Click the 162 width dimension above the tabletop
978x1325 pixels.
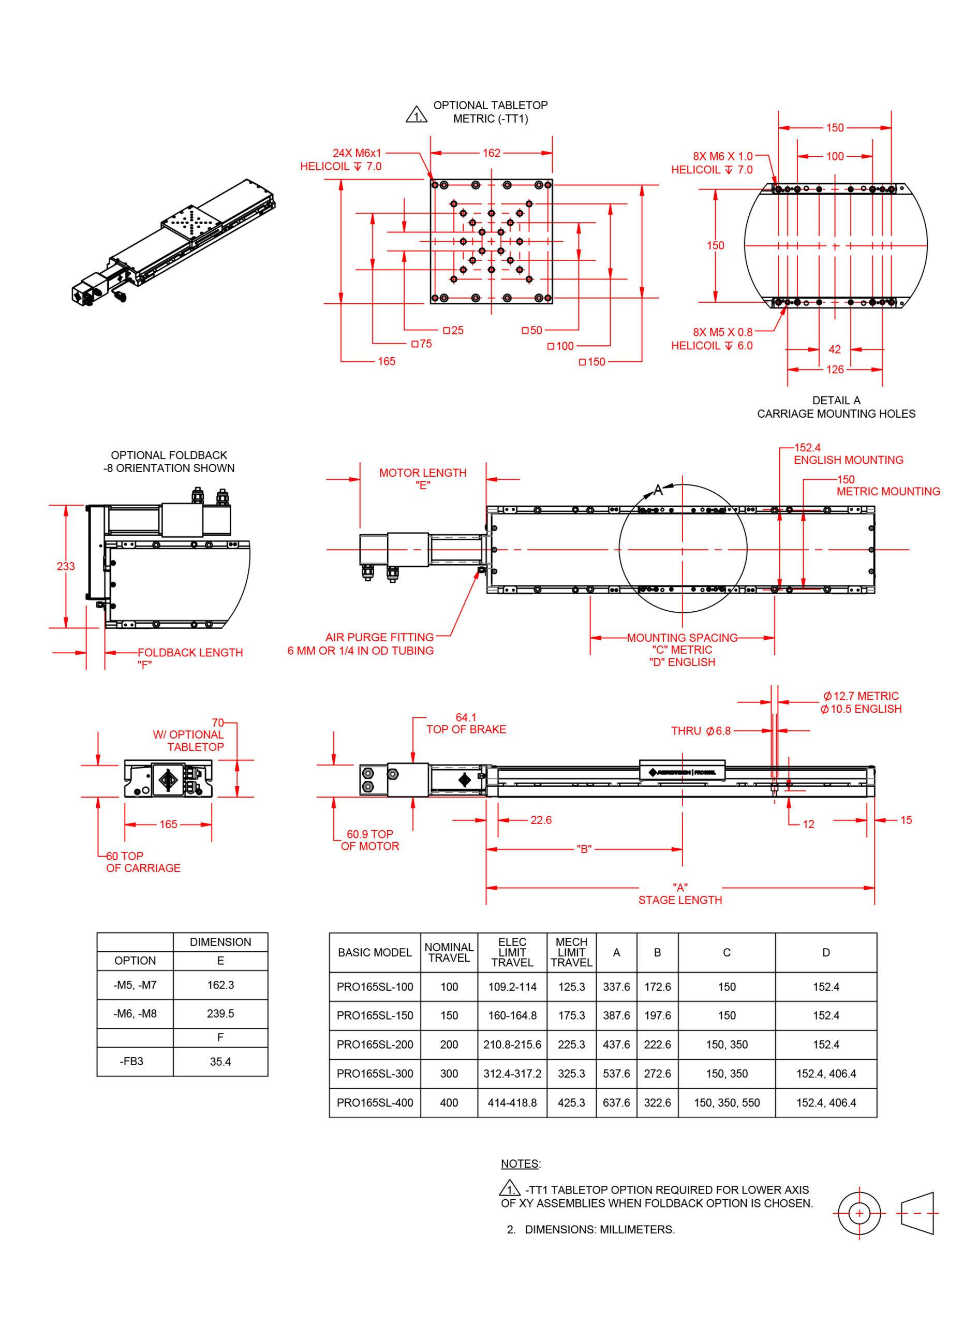click(x=492, y=153)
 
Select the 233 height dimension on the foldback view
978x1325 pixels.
click(x=66, y=566)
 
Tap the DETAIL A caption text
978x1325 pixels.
click(x=836, y=400)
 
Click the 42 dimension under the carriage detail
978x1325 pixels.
click(x=834, y=349)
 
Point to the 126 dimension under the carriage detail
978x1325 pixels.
click(x=835, y=370)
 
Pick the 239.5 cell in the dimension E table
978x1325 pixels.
click(x=220, y=1013)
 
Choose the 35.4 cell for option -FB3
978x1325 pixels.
click(x=220, y=1062)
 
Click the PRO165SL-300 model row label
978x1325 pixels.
click(x=375, y=1073)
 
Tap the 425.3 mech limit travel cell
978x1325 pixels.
click(x=571, y=1102)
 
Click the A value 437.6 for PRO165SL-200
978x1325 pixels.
click(x=616, y=1044)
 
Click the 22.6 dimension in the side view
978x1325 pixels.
click(x=541, y=820)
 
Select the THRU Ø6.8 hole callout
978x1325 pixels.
click(x=701, y=731)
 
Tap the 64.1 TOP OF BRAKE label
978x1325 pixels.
click(x=466, y=724)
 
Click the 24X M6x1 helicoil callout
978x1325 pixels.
click(x=341, y=160)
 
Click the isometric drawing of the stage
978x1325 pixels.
click(x=173, y=242)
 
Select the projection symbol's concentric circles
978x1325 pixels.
click(x=859, y=1213)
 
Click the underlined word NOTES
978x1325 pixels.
click(x=520, y=1164)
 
